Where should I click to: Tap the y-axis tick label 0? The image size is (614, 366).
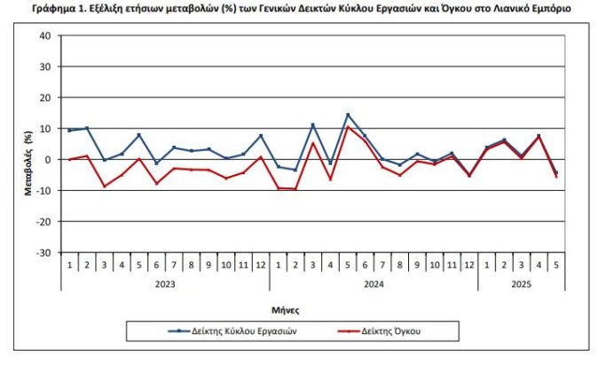point(49,160)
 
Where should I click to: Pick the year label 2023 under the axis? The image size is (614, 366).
point(164,283)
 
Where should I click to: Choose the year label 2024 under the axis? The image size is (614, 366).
point(373,283)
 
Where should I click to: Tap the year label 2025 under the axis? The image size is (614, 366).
point(521,283)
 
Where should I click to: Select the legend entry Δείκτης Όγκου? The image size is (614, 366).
point(391,331)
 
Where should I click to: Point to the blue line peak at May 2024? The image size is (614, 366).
point(348,115)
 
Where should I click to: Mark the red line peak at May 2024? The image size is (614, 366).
point(348,128)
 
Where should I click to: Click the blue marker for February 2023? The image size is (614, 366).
point(86,128)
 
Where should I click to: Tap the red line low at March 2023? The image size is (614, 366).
point(104,187)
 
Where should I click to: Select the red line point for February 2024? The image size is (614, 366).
point(295,189)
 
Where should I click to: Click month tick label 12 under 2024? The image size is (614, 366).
point(468,266)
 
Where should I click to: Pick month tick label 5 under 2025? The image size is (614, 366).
point(555,266)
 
